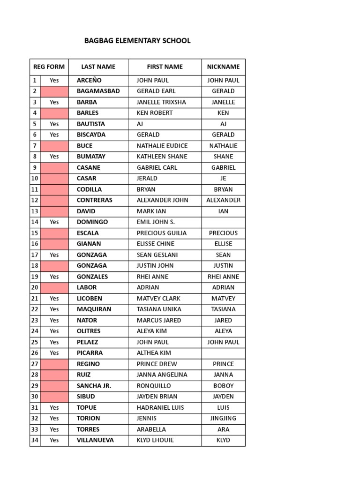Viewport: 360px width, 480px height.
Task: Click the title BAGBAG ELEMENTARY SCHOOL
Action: point(137,41)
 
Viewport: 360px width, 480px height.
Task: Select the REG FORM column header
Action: point(49,67)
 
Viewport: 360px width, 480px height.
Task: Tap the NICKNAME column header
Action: point(223,67)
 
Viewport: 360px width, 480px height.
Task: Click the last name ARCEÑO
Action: point(89,80)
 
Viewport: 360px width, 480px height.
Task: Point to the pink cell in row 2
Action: point(54,91)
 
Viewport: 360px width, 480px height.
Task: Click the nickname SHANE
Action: point(223,157)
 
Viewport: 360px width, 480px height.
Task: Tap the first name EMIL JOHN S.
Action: point(156,222)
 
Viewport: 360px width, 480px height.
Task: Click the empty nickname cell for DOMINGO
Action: point(223,222)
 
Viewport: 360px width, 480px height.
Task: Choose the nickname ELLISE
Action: point(223,244)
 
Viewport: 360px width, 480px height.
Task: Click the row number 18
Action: point(35,266)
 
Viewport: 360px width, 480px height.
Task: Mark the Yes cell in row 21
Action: point(54,299)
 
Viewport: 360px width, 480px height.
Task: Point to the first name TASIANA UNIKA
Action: point(159,309)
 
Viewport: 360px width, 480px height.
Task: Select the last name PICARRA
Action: point(90,353)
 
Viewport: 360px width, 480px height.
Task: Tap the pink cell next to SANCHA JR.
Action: point(54,386)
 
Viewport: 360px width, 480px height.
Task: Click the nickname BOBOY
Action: point(223,386)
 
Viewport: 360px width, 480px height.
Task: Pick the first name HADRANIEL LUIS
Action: point(160,408)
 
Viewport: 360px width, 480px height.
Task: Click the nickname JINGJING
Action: point(223,419)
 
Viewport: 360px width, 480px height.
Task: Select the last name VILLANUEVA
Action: point(95,440)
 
